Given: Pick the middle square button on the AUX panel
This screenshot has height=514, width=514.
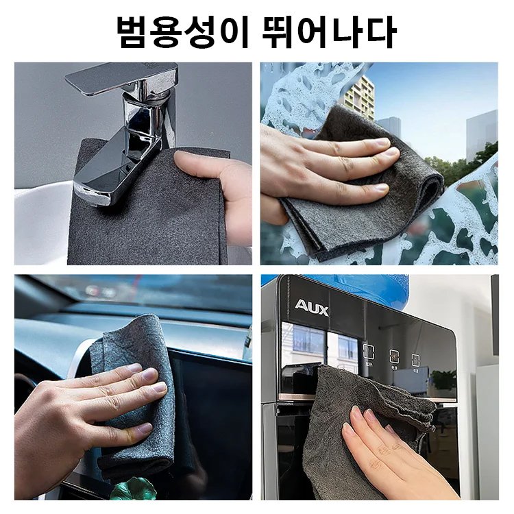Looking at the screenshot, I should click(x=394, y=356).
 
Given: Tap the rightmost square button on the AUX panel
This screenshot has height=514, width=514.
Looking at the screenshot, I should click(x=415, y=358).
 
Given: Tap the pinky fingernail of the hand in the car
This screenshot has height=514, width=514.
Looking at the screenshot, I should click(x=144, y=428).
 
